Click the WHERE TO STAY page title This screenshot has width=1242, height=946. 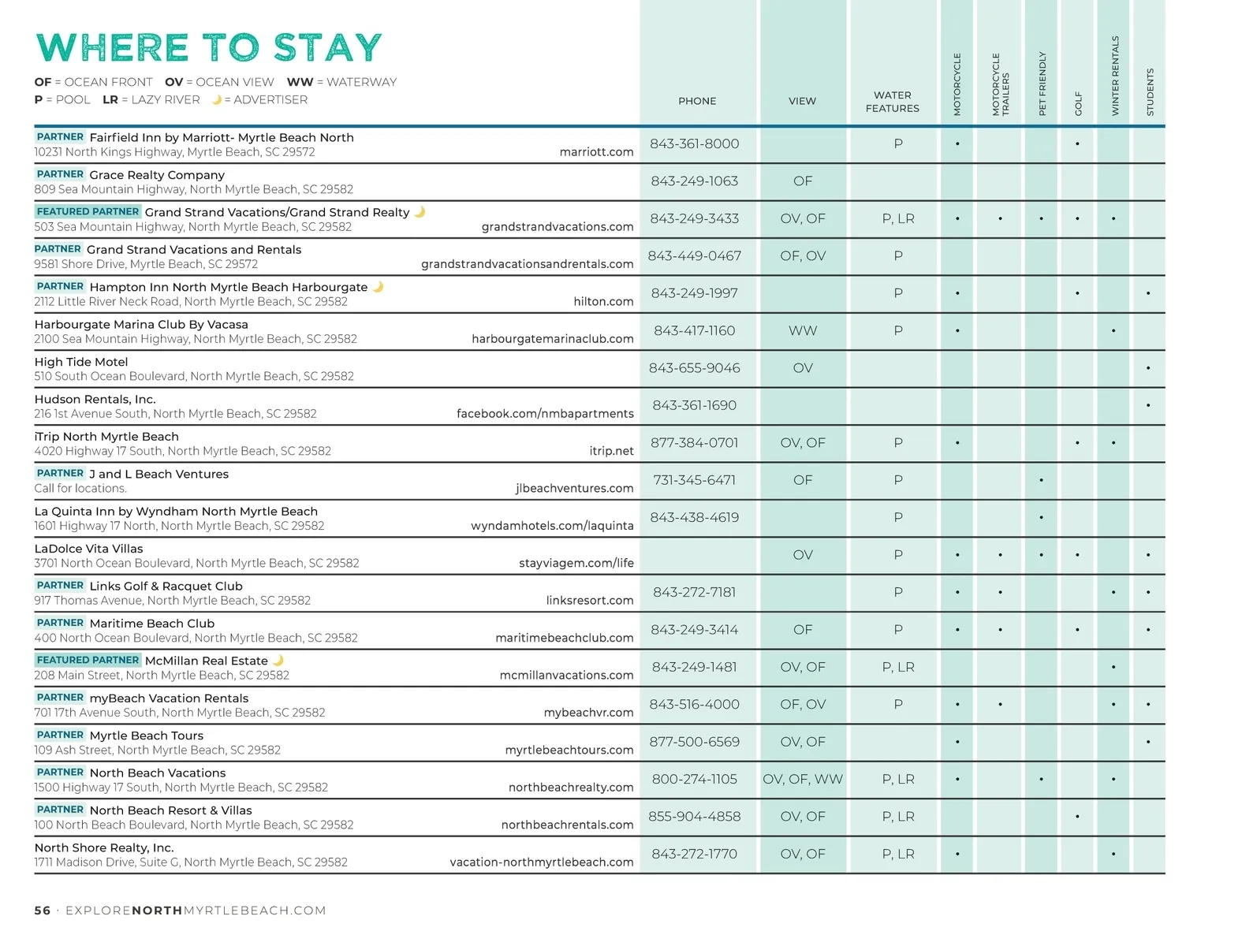[209, 47]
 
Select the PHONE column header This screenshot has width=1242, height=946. [697, 101]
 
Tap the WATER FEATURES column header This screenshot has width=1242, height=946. [893, 102]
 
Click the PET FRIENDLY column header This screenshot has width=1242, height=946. [1042, 84]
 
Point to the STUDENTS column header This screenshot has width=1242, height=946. [1150, 92]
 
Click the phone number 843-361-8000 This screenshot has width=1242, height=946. [694, 144]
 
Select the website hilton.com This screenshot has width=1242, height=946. [603, 302]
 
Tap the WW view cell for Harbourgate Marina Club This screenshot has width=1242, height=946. [802, 331]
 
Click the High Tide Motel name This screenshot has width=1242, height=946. [81, 362]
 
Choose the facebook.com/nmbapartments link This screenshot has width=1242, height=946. [545, 414]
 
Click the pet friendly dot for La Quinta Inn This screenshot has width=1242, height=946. [1041, 517]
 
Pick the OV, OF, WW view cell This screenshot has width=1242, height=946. [802, 779]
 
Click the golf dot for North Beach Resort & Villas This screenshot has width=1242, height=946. [1077, 817]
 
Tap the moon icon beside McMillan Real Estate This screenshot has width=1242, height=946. [278, 660]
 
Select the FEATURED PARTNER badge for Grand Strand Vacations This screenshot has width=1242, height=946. [88, 211]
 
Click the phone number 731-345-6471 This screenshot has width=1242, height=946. [694, 481]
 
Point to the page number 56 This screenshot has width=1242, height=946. [43, 911]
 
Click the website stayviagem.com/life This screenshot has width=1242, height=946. [576, 563]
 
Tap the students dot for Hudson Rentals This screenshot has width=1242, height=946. [1148, 405]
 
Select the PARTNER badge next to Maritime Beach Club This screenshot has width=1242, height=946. [60, 623]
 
